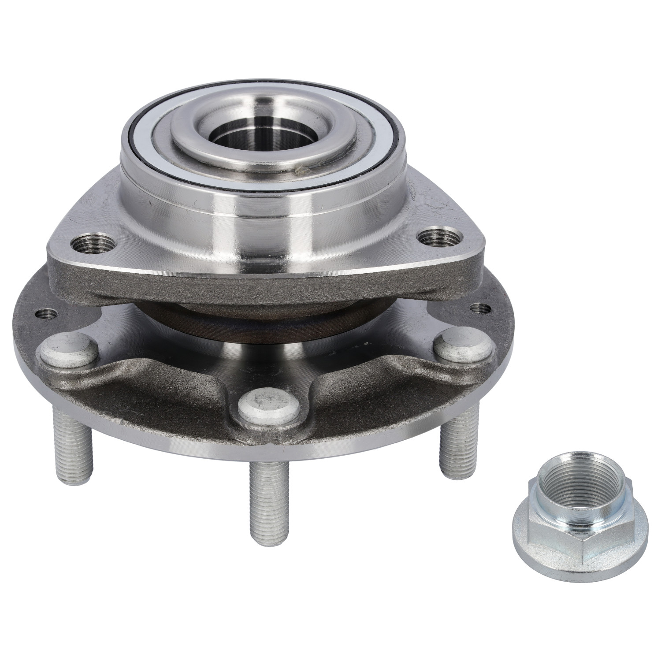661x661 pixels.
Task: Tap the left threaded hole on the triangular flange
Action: click(x=93, y=243)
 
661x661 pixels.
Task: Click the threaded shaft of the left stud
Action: click(x=72, y=445)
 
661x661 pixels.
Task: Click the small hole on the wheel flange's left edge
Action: click(x=46, y=314)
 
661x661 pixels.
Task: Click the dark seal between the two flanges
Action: click(x=264, y=322)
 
